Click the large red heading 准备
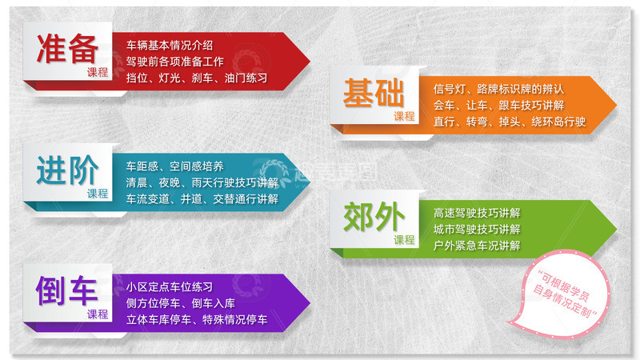[67, 49]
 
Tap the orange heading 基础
[374, 93]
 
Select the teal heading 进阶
[67, 170]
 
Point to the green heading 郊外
[374, 216]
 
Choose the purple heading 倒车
[66, 290]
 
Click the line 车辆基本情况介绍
[170, 46]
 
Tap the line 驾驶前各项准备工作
[174, 62]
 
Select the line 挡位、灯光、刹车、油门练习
[197, 78]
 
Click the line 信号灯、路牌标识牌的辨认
[498, 89]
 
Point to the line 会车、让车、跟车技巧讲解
[498, 106]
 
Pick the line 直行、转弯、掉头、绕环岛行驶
[510, 122]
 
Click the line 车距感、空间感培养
[174, 166]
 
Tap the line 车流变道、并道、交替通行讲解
[202, 198]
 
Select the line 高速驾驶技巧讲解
[477, 213]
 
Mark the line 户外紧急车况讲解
[477, 246]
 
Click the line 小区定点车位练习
[170, 287]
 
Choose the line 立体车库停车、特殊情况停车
[197, 319]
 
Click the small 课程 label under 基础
[404, 116]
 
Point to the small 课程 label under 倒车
[98, 314]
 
